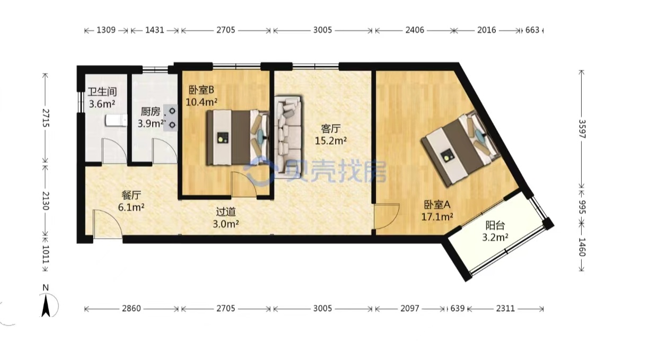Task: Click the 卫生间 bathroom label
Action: (x=102, y=92)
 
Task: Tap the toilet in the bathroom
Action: (x=116, y=120)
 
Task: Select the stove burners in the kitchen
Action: (x=170, y=118)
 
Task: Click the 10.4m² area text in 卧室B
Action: (x=202, y=102)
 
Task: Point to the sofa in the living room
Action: (x=288, y=137)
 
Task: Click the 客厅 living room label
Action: (x=331, y=129)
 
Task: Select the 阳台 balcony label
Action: (x=495, y=225)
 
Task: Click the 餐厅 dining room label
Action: (x=131, y=195)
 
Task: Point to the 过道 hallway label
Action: (x=226, y=212)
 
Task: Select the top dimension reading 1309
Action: (x=106, y=30)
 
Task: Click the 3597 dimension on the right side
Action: (x=582, y=129)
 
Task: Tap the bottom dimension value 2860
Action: (x=132, y=309)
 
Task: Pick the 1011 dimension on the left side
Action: (x=46, y=254)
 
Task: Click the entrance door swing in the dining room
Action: (x=108, y=224)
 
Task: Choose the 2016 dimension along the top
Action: (x=487, y=30)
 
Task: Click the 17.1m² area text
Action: (x=437, y=217)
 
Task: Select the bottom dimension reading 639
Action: (x=457, y=309)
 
